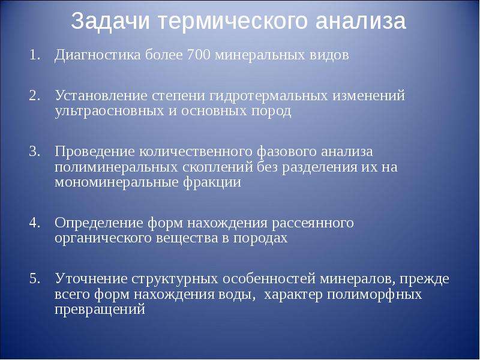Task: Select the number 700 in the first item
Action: pyautogui.click(x=199, y=55)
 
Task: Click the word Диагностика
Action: pyautogui.click(x=98, y=55)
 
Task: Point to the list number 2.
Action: pyautogui.click(x=34, y=96)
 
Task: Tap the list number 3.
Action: pyautogui.click(x=34, y=152)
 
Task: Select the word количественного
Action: pyautogui.click(x=196, y=152)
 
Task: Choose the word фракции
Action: pyautogui.click(x=212, y=183)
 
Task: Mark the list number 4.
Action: pyautogui.click(x=34, y=223)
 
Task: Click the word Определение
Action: pyautogui.click(x=99, y=223)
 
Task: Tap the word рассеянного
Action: pyautogui.click(x=313, y=224)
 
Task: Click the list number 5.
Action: pyautogui.click(x=34, y=279)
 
